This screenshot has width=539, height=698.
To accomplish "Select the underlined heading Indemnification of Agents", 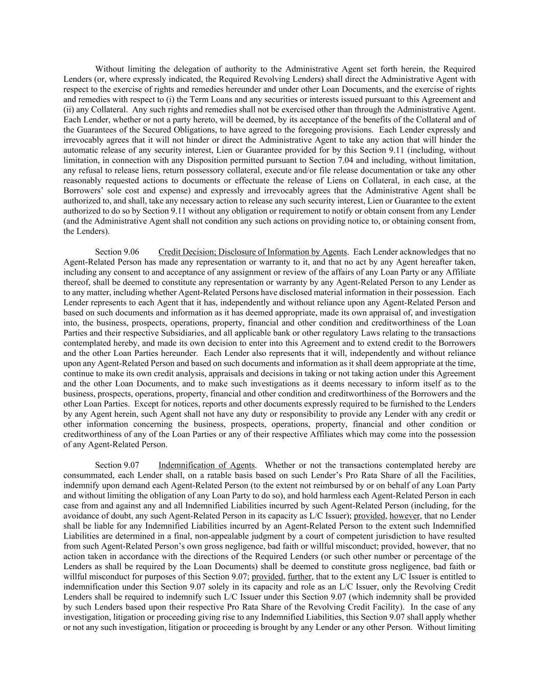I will point(206,465).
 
